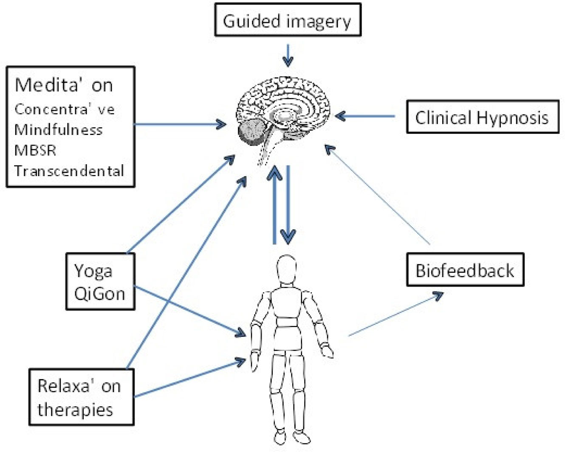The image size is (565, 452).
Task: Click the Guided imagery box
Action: (288, 20)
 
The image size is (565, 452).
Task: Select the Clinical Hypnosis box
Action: (482, 117)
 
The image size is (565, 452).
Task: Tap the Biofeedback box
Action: (465, 270)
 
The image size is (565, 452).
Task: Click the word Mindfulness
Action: (58, 129)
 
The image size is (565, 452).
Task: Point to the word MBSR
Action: (35, 150)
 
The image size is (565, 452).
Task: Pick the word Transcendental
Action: (69, 171)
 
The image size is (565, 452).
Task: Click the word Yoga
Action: (93, 271)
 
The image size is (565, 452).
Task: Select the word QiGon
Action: (99, 294)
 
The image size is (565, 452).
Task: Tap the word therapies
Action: (75, 410)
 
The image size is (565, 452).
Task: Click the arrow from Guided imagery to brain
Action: (288, 55)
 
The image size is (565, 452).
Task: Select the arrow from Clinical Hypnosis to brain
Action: (365, 116)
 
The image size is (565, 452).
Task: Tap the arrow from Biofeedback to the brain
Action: (378, 195)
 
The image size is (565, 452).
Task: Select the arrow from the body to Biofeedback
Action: (395, 314)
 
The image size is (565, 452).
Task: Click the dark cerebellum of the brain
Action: (251, 131)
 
